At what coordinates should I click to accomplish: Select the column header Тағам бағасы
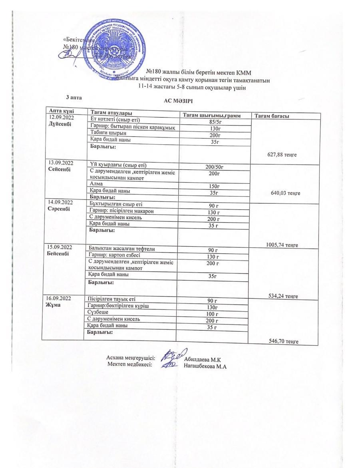point(272,116)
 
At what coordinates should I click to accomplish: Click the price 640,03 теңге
point(285,193)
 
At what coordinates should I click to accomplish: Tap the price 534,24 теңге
point(284,296)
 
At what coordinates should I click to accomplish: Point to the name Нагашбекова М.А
point(205,366)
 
